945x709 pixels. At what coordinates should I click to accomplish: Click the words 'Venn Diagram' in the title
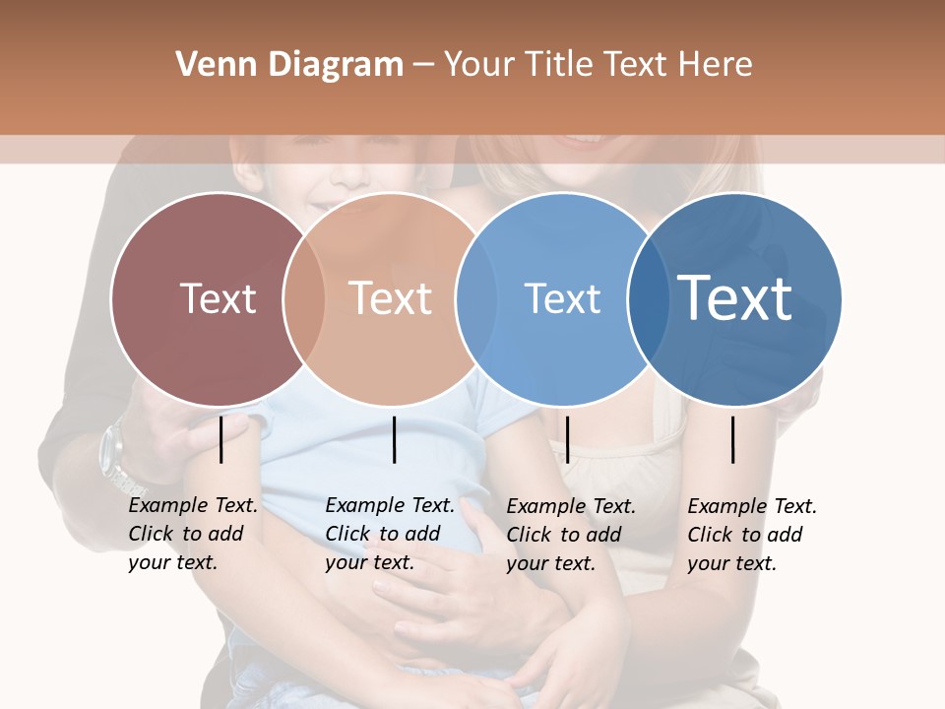(x=289, y=65)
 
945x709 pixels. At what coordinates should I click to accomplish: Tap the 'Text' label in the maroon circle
(x=218, y=298)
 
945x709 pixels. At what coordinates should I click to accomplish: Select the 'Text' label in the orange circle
(x=391, y=298)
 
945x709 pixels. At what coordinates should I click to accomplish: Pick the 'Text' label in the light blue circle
(x=562, y=298)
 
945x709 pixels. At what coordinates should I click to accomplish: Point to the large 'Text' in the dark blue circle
(x=735, y=297)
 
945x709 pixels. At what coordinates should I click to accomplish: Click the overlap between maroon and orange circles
(x=304, y=298)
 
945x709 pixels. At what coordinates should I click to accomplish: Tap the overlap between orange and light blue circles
(x=476, y=298)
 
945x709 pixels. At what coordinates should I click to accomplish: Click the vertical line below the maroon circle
(x=221, y=439)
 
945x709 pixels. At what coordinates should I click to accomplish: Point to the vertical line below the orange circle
(x=394, y=439)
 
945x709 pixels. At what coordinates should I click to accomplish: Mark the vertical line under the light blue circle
(x=567, y=439)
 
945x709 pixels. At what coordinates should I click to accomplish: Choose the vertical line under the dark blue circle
(x=733, y=439)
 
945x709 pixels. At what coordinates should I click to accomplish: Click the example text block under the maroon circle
(x=192, y=534)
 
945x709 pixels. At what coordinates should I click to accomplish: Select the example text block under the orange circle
(x=389, y=534)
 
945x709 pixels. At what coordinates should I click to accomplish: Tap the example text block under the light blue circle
(x=570, y=534)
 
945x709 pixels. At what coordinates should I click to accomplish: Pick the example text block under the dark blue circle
(x=751, y=534)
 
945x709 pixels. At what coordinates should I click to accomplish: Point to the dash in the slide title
(x=422, y=66)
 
